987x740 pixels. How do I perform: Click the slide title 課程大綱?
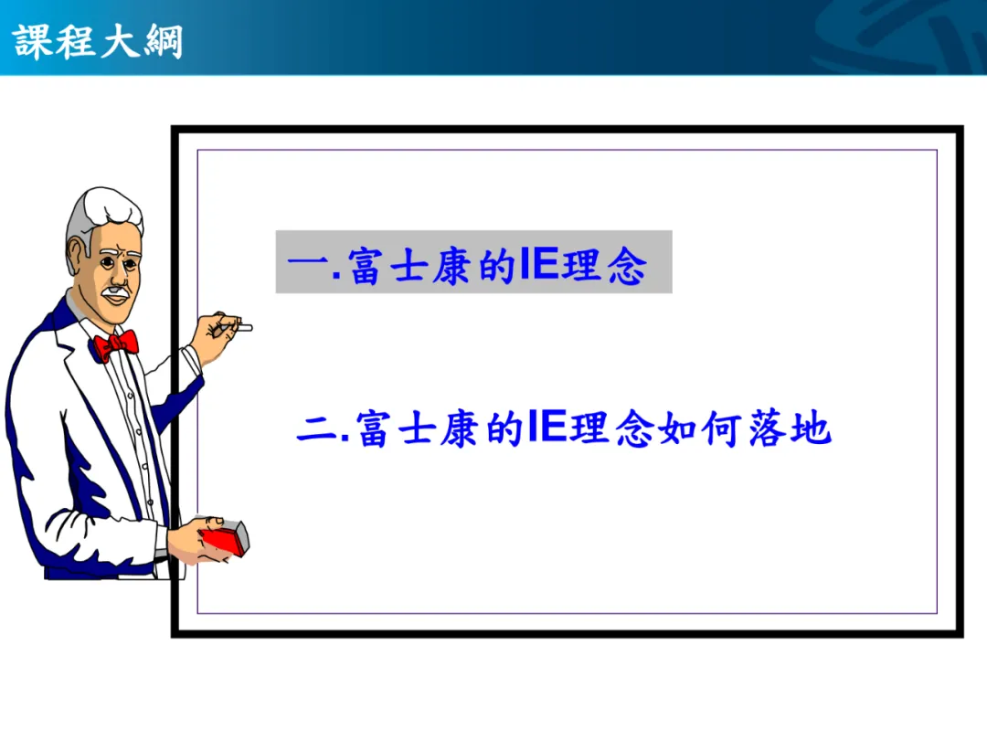[x=98, y=41]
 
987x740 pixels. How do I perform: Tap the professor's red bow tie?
[x=115, y=344]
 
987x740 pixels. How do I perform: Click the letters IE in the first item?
[x=539, y=263]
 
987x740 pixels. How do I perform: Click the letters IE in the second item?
[x=547, y=427]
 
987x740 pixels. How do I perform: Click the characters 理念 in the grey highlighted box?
[x=604, y=265]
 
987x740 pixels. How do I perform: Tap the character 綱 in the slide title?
[x=164, y=41]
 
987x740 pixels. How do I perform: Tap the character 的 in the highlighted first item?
[x=498, y=266]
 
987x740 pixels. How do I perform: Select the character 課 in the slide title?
[x=33, y=41]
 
